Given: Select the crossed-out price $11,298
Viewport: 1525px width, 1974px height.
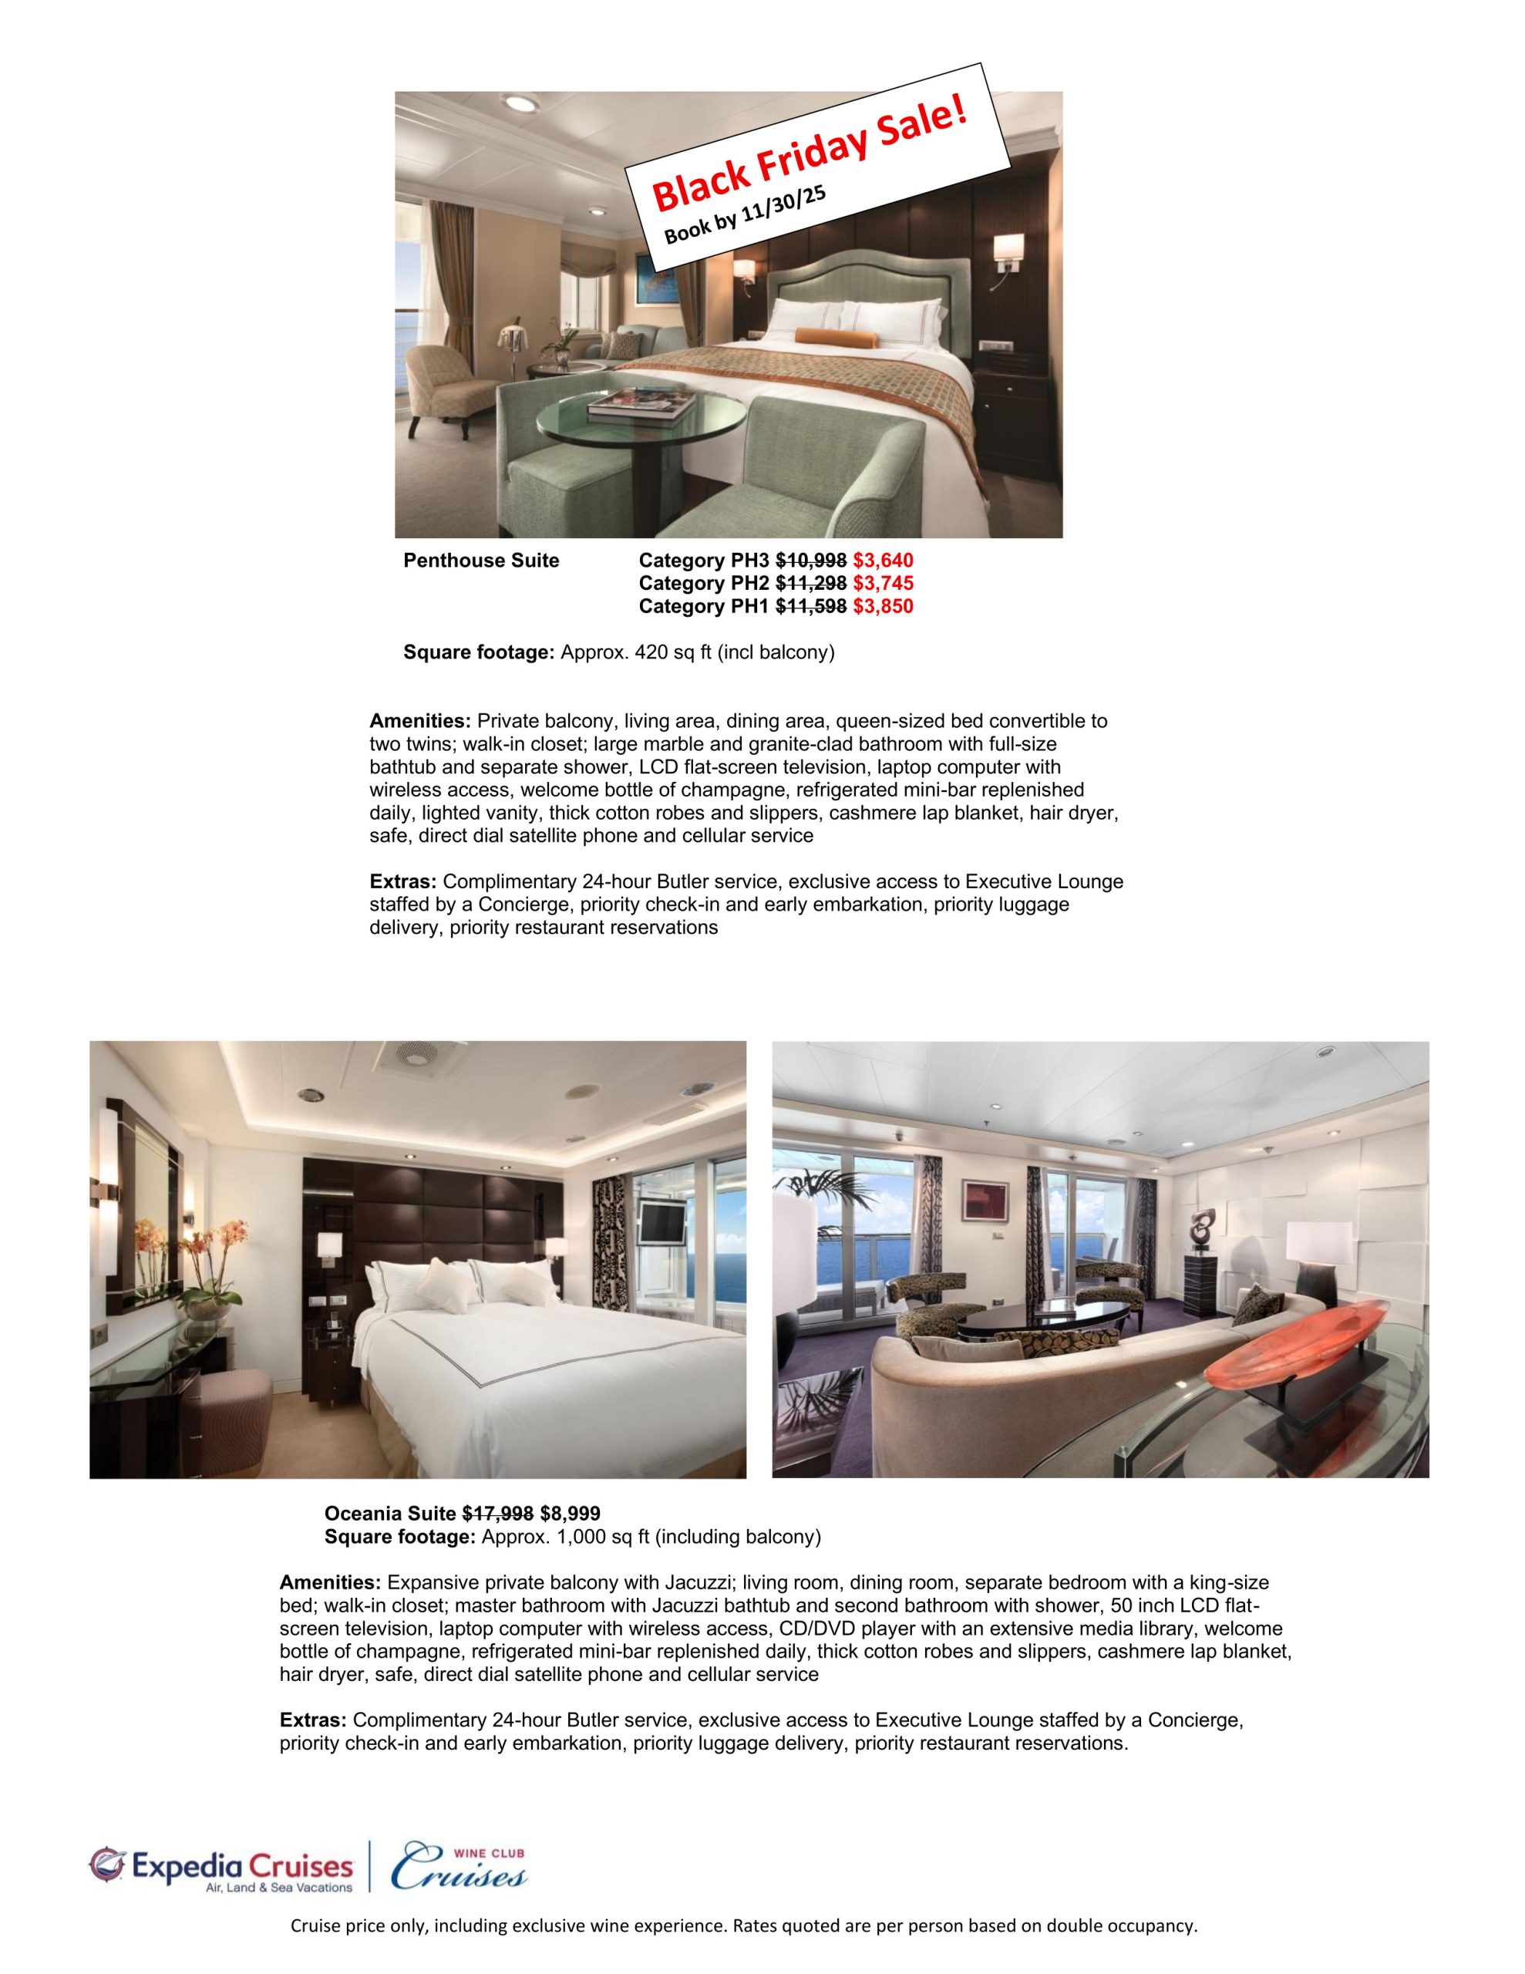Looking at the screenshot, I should (811, 583).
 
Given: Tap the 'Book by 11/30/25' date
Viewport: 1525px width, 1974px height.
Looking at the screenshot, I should (746, 211).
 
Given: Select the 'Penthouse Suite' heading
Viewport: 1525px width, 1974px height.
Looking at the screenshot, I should (481, 561).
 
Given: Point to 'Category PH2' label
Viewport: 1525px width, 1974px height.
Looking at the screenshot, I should (704, 583).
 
